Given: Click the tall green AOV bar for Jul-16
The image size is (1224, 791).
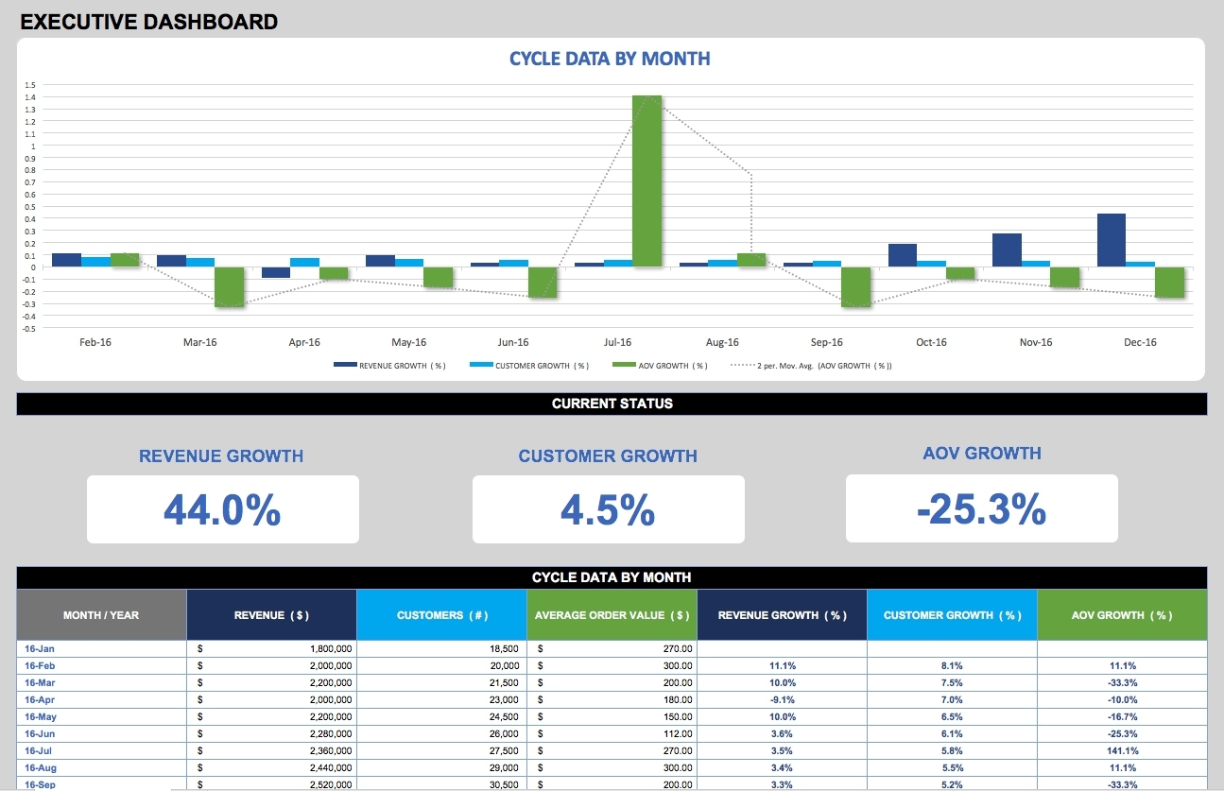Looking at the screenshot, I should pyautogui.click(x=646, y=181).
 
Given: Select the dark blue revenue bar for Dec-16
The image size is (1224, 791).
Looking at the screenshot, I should pyautogui.click(x=1112, y=240).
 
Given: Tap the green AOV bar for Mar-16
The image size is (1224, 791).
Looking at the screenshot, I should pyautogui.click(x=229, y=286).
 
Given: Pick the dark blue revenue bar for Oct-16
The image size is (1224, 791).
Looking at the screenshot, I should pyautogui.click(x=903, y=255).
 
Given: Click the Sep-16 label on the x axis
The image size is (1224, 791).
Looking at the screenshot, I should pyautogui.click(x=826, y=342).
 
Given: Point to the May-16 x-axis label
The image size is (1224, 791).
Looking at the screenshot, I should pyautogui.click(x=408, y=342).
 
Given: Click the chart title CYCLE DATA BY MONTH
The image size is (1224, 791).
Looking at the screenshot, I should pyautogui.click(x=610, y=59).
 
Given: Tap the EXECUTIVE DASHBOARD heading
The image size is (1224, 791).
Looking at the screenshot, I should pyautogui.click(x=149, y=22).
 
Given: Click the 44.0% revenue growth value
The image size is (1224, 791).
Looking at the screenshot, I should pyautogui.click(x=222, y=509).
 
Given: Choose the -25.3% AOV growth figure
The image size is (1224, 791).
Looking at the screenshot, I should pyautogui.click(x=981, y=509).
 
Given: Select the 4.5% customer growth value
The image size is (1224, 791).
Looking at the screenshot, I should pyautogui.click(x=608, y=509).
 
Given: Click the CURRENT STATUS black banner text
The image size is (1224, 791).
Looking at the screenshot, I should pyautogui.click(x=612, y=404).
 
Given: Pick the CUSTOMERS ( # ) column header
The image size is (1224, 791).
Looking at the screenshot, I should pyautogui.click(x=441, y=615).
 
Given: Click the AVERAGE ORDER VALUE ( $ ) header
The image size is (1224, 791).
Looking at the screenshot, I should pyautogui.click(x=612, y=615).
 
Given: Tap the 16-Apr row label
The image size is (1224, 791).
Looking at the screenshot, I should pyautogui.click(x=40, y=699).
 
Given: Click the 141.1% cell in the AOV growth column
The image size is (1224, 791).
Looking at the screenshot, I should pyautogui.click(x=1122, y=750).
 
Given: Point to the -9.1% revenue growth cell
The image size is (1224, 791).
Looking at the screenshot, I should pyautogui.click(x=782, y=699).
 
